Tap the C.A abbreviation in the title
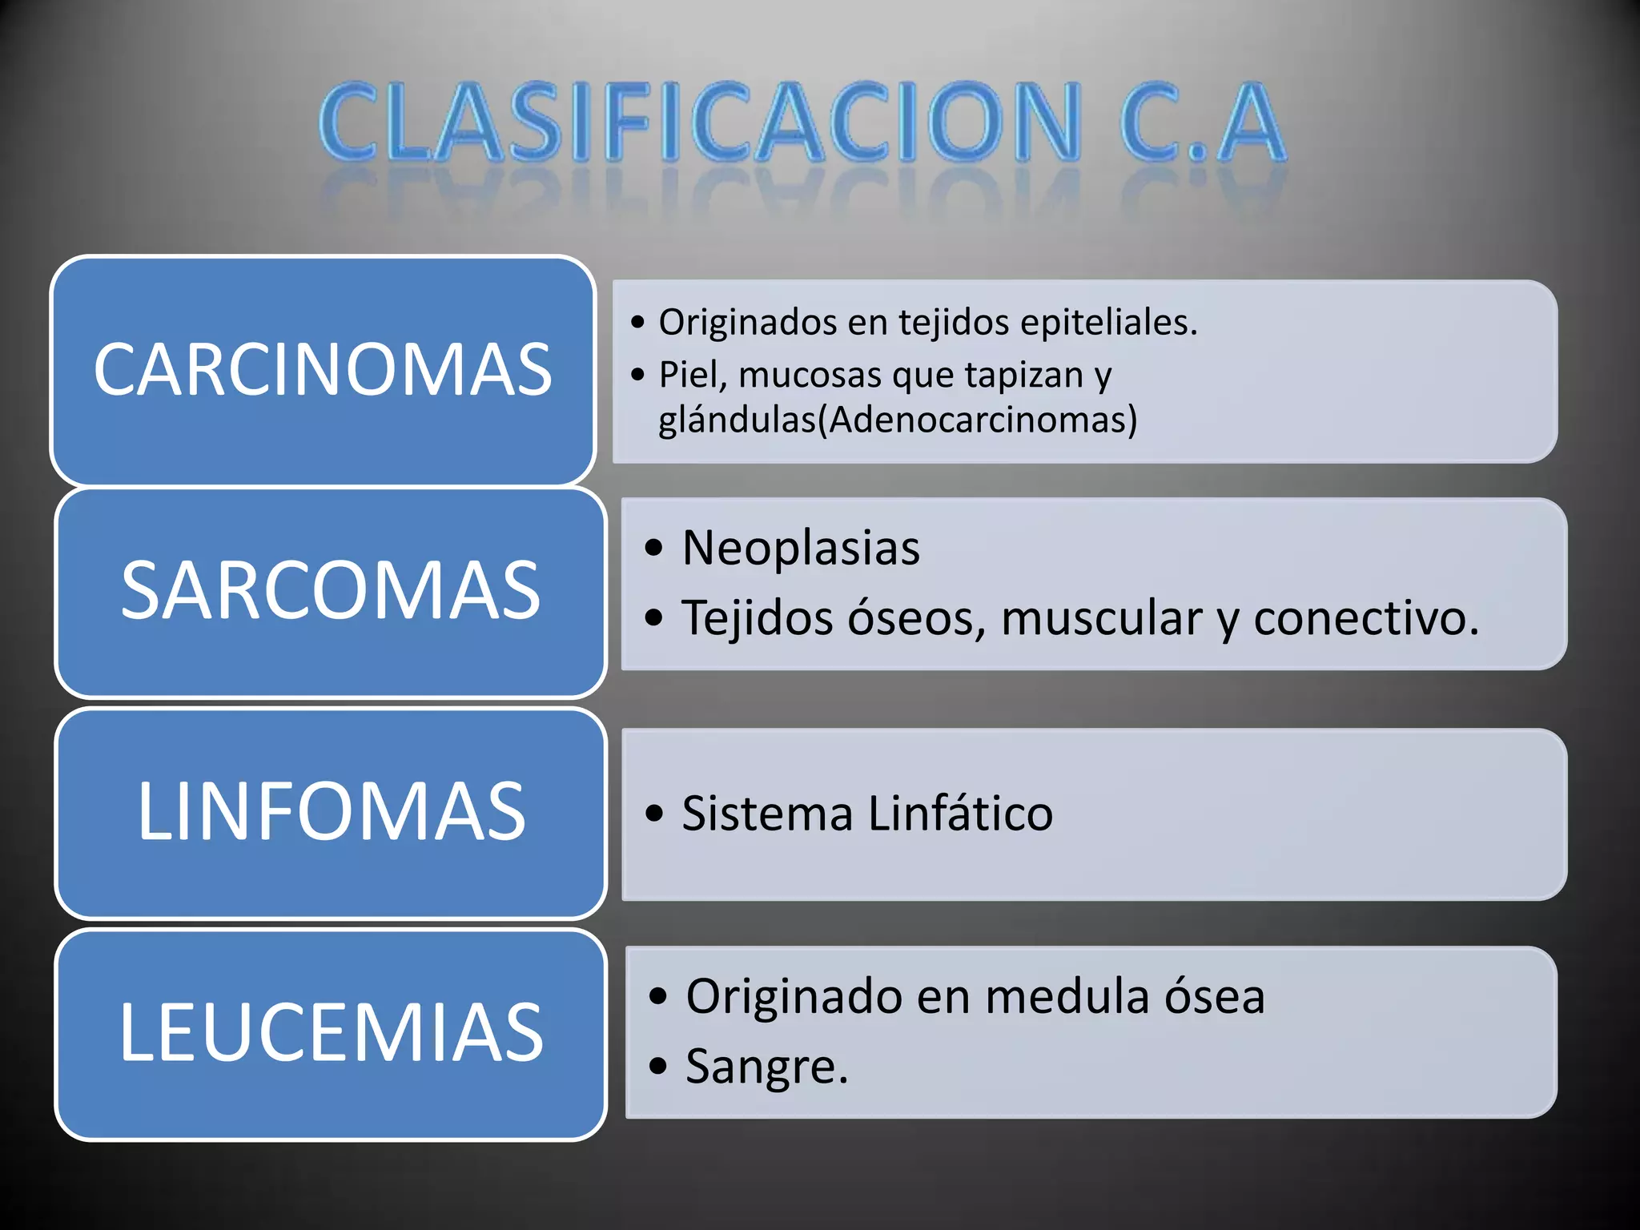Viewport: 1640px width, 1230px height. tap(1201, 123)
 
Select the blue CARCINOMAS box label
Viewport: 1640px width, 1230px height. tap(323, 369)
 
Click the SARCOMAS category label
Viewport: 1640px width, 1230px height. tap(331, 590)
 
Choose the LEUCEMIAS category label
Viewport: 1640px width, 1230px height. tap(331, 1033)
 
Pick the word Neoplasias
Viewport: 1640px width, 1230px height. tap(801, 549)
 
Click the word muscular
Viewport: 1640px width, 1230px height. tap(1102, 618)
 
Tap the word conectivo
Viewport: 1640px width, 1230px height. tap(1365, 618)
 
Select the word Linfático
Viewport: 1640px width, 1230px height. tap(960, 814)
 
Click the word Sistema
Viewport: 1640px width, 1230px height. tap(767, 814)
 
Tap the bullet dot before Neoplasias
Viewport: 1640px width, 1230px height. tap(654, 549)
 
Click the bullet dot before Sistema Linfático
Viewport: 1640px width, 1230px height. tap(654, 814)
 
